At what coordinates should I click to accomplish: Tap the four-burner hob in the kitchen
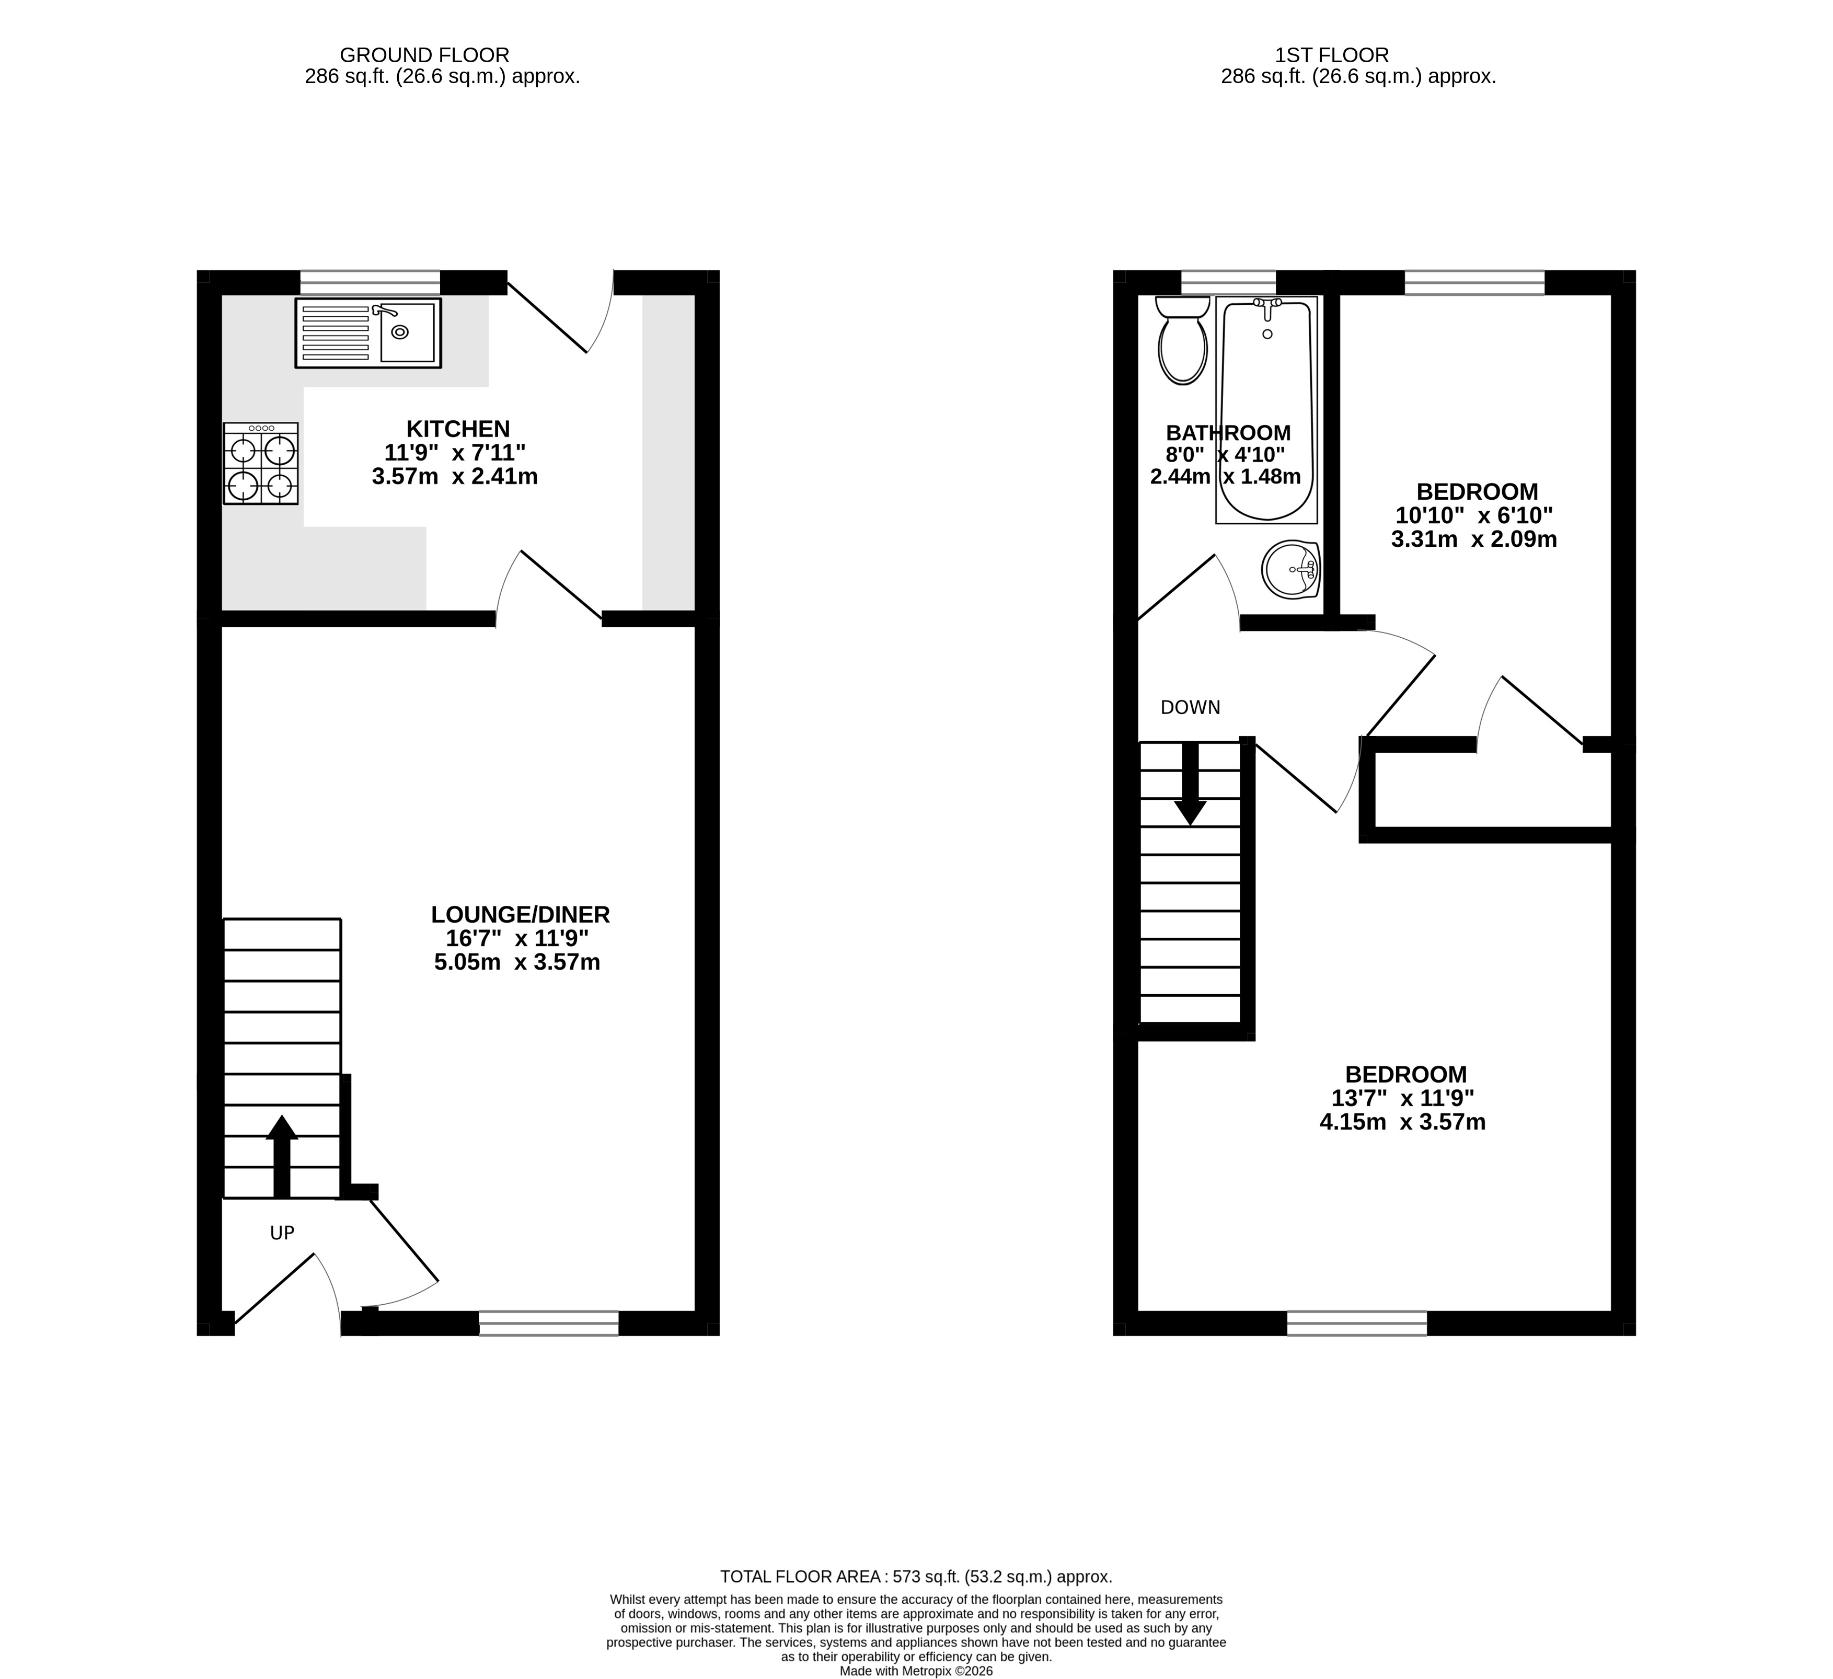point(261,463)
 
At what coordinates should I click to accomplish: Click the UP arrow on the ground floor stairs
point(282,1156)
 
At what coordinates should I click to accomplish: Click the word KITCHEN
point(457,429)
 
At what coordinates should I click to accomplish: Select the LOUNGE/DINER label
point(520,914)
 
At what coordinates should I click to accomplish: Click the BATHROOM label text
point(1228,433)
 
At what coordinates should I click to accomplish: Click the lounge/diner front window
point(548,1324)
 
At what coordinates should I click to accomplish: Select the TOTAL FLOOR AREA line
point(917,1577)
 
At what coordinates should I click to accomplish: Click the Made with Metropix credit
point(917,1671)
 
